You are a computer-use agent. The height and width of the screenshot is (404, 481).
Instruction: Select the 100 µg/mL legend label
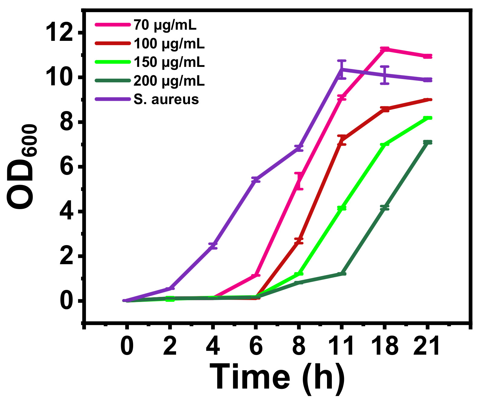169,44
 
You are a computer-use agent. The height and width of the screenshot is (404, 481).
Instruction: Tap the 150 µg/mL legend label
169,62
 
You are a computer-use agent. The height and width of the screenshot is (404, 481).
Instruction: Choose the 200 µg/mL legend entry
169,81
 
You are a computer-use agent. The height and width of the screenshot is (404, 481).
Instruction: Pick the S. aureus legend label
166,100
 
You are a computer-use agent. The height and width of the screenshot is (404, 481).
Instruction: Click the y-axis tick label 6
66,167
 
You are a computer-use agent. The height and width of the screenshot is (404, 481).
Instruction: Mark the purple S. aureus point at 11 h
342,69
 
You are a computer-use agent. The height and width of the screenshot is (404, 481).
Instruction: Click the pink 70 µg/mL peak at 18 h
384,49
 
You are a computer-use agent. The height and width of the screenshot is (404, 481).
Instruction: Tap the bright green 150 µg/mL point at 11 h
342,208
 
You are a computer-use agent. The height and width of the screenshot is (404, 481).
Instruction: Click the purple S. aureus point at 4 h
213,246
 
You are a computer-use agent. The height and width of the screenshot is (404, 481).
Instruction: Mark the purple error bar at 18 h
384,75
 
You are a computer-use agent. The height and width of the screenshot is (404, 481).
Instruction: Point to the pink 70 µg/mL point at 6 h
256,275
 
